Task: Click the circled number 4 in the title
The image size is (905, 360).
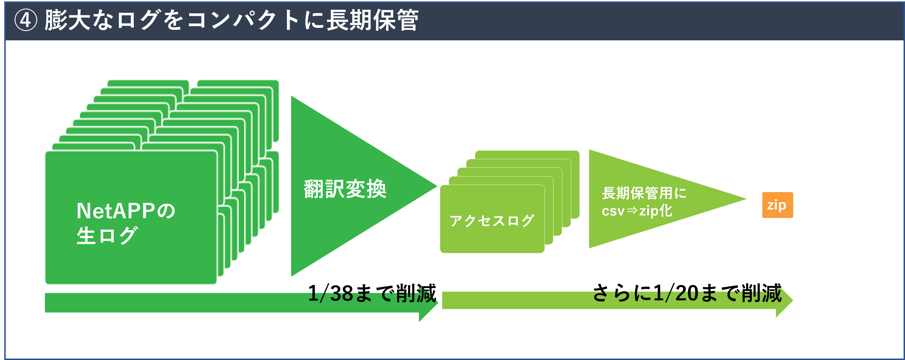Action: [25, 20]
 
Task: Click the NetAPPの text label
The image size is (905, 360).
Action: [126, 211]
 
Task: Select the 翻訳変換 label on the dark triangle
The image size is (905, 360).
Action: [345, 189]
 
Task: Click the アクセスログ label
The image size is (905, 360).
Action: [492, 220]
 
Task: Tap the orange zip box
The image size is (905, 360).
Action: [777, 205]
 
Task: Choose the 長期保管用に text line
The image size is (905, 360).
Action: [644, 193]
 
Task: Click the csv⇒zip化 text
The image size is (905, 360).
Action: [637, 211]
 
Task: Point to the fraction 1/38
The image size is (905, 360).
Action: [330, 293]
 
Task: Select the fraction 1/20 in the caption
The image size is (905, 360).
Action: [676, 293]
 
